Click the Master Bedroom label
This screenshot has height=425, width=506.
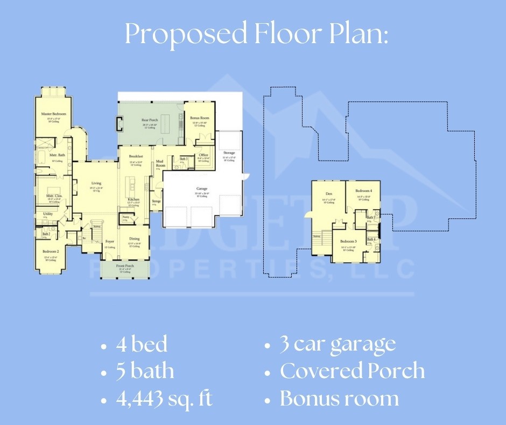(x=53, y=114)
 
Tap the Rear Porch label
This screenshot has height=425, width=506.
(x=149, y=120)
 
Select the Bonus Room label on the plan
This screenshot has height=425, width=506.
(x=200, y=118)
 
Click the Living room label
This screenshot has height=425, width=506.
(x=96, y=183)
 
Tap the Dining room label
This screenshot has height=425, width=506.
(x=134, y=238)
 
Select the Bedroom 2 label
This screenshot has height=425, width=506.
(x=51, y=252)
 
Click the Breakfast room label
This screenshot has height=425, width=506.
(x=135, y=156)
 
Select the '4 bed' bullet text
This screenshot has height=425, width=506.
(x=142, y=344)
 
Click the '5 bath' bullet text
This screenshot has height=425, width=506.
(x=145, y=371)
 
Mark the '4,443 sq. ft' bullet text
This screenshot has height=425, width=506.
(x=164, y=399)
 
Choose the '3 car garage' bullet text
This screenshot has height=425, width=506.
(x=338, y=344)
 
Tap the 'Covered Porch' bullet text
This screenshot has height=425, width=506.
(x=352, y=371)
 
